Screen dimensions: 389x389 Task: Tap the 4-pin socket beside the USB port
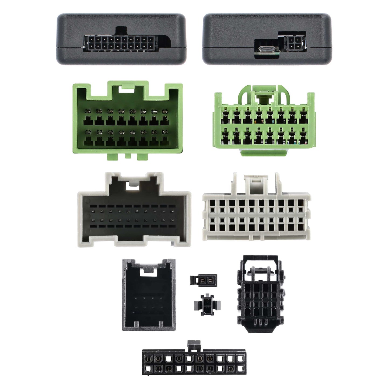[x=295, y=43]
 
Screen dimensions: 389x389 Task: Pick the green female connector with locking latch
[x=264, y=124]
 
